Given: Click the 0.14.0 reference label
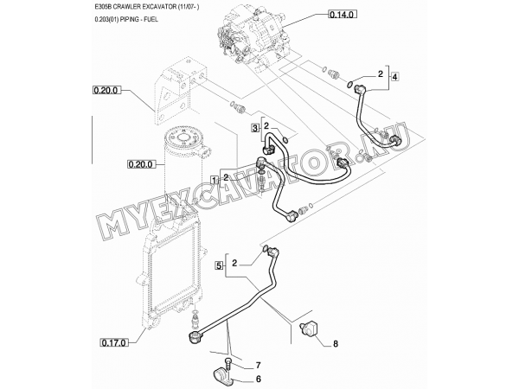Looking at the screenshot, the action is pos(343,15).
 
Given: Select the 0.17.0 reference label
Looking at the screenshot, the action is pos(113,343).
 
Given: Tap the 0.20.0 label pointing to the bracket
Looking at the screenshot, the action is pos(106,90).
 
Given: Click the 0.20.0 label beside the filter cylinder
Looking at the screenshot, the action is pos(142,164).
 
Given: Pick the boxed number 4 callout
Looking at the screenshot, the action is pos(394,77).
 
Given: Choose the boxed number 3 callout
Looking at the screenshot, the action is pos(255,128).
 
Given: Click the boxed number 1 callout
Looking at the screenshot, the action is pos(215,181).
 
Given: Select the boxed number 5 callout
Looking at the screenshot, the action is pos(219,265).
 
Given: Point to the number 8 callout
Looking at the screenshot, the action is pos(336,344).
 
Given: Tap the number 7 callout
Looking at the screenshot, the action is pos(258,366).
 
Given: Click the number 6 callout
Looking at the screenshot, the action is pos(259,379).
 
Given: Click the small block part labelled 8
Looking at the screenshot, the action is pos(308,328).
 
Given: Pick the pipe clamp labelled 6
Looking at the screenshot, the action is pos(222,377).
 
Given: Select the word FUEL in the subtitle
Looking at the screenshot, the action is pos(151,20).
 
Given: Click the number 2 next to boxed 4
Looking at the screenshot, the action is pos(381,74).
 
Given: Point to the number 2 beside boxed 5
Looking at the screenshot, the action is pos(234,264).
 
